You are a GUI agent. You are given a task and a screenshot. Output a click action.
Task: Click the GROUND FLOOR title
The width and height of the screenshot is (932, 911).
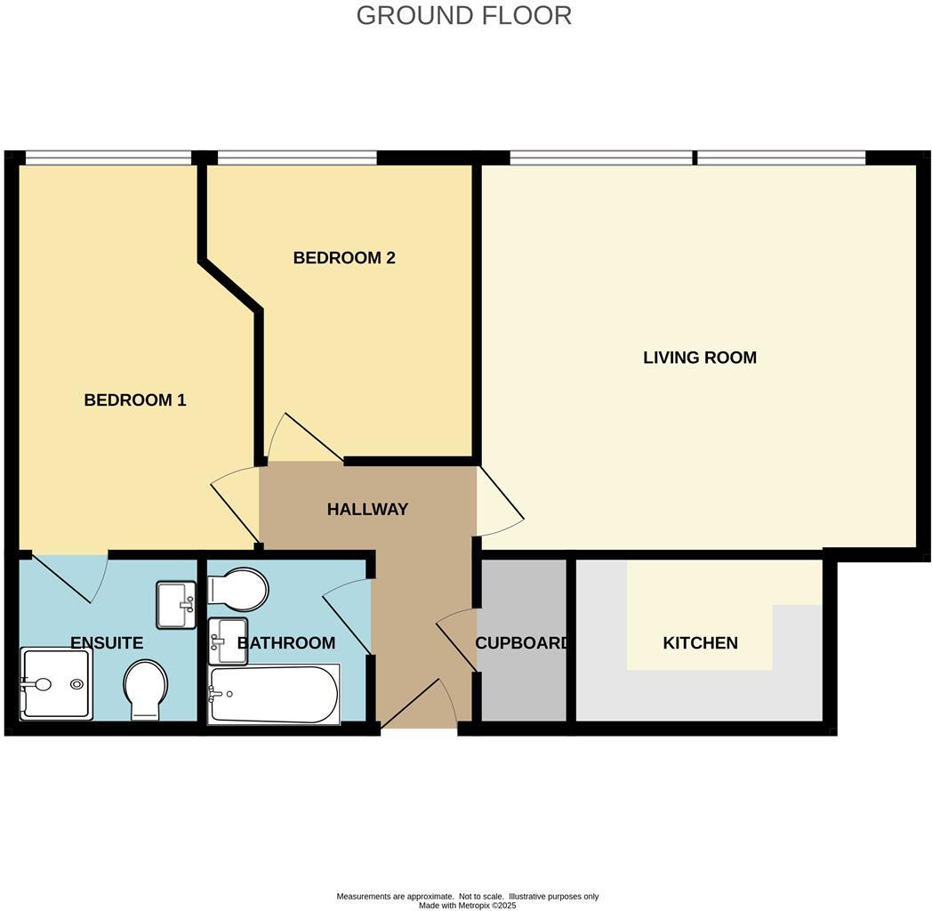point(463,15)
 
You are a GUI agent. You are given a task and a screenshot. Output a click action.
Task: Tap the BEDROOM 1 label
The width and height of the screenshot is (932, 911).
point(135,400)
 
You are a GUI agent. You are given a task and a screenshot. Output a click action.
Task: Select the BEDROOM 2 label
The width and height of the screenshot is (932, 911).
point(343,258)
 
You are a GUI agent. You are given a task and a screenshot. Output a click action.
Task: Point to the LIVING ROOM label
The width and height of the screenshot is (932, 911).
point(699,358)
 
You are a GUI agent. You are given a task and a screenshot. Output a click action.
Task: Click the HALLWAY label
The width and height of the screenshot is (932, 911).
point(367,510)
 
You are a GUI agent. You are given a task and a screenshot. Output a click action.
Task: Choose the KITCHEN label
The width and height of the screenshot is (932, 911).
point(700,642)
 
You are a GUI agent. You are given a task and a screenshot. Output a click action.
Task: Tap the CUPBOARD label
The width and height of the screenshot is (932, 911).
point(522,642)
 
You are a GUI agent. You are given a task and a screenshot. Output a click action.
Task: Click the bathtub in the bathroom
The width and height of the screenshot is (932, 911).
point(273,695)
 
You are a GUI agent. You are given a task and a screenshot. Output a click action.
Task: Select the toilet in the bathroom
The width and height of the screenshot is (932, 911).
point(237,589)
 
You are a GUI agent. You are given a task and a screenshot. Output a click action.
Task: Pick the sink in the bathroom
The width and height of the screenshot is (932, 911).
point(229,641)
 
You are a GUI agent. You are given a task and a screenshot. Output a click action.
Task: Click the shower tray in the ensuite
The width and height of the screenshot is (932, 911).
point(55,683)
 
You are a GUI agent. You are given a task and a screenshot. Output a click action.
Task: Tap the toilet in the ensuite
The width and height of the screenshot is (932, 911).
point(144,689)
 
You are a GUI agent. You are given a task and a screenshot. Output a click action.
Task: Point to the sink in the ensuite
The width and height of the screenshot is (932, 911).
point(176,605)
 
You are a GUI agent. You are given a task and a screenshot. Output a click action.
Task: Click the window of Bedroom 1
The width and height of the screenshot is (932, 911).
point(108,158)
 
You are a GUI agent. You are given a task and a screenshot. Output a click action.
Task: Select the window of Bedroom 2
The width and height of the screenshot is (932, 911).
point(297,158)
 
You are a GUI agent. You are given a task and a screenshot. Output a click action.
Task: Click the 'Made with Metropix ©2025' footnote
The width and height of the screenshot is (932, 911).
point(467,906)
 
